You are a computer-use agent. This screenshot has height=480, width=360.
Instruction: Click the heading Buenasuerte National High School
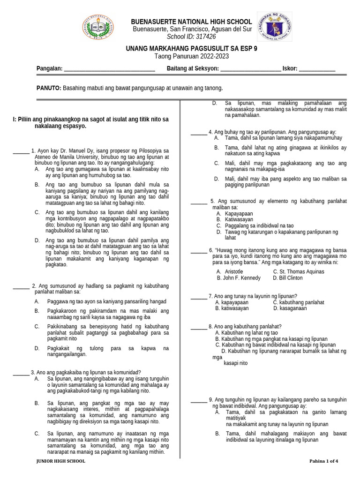pyautogui.click(x=191, y=22)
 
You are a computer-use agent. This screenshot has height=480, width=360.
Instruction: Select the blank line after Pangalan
pyautogui.click(x=109, y=69)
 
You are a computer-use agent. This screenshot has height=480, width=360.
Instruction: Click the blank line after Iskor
pyautogui.click(x=317, y=69)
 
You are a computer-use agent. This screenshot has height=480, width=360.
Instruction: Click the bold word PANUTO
pyautogui.click(x=49, y=88)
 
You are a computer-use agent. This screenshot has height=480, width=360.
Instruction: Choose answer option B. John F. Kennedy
pyautogui.click(x=238, y=278)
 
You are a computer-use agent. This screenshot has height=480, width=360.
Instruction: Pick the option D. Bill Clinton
pyautogui.click(x=287, y=278)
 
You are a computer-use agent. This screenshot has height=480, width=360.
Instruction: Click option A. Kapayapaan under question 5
pyautogui.click(x=231, y=213)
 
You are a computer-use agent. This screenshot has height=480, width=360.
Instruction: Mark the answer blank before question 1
pyautogui.click(x=21, y=150)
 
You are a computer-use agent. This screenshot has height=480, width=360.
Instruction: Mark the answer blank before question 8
pyautogui.click(x=199, y=326)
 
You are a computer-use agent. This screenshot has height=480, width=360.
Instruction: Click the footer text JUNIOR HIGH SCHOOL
pyautogui.click(x=61, y=461)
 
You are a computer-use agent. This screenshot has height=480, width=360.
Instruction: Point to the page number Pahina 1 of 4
pyautogui.click(x=323, y=461)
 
